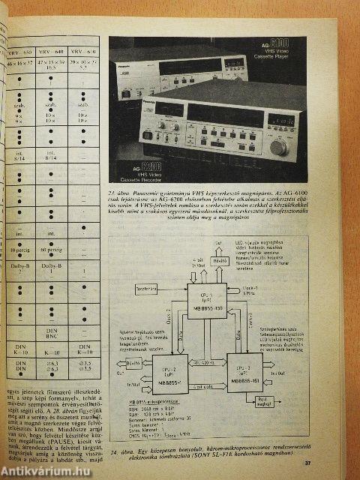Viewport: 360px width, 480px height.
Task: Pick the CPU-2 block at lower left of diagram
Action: pyautogui.click(x=150, y=379)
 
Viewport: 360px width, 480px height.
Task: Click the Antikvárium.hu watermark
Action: pyautogui.click(x=41, y=470)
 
